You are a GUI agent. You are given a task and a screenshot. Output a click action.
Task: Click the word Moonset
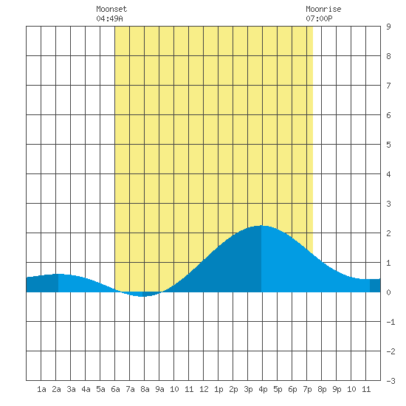click(111, 9)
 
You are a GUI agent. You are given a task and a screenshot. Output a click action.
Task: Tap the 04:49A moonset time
click(109, 18)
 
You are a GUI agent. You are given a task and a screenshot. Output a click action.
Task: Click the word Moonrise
click(323, 9)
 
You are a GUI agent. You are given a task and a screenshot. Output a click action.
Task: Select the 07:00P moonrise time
click(319, 18)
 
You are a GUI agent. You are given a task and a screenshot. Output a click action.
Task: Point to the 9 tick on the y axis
click(388, 27)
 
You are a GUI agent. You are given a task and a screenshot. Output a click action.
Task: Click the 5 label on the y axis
click(388, 145)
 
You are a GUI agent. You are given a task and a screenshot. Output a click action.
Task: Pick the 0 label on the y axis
click(388, 292)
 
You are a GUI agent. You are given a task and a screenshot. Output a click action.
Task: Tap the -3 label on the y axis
click(390, 381)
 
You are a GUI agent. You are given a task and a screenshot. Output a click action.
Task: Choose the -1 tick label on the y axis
click(390, 322)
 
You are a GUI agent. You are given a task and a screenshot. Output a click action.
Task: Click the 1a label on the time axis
click(41, 389)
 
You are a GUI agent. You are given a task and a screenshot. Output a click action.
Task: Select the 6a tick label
click(115, 389)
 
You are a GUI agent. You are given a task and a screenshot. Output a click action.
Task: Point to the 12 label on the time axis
click(204, 389)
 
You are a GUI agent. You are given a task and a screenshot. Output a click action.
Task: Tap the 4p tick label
click(263, 389)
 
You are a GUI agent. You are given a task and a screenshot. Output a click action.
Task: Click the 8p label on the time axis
click(322, 389)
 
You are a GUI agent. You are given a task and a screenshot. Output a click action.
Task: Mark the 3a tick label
click(71, 389)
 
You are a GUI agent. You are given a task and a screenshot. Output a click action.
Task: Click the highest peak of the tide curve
click(261, 226)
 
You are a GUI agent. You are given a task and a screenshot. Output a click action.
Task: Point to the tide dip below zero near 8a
click(142, 296)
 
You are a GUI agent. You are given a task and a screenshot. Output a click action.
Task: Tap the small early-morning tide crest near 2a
click(58, 274)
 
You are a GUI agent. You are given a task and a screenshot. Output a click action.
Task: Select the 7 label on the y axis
click(388, 86)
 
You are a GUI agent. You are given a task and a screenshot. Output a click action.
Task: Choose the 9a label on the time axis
click(159, 389)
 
